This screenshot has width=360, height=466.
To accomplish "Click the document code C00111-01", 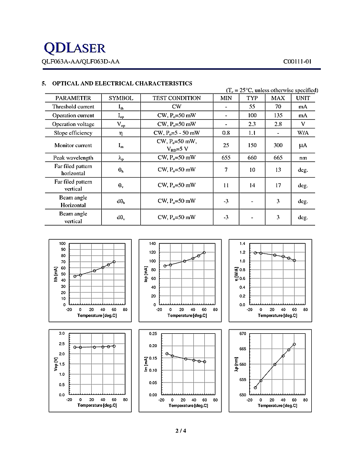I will click(x=297, y=62).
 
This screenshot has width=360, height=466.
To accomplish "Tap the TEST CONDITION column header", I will click(x=177, y=98).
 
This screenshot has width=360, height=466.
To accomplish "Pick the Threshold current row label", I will click(x=73, y=106).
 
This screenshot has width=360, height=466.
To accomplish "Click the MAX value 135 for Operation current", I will click(x=277, y=115).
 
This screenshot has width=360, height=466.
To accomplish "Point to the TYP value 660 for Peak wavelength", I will click(x=252, y=158).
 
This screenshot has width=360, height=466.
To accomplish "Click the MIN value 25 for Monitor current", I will click(x=226, y=145).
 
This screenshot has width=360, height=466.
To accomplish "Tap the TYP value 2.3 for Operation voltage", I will click(x=252, y=124).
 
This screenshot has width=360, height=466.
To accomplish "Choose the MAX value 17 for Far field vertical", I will click(x=277, y=185).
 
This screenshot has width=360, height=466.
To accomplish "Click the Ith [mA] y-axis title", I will click(x=56, y=274).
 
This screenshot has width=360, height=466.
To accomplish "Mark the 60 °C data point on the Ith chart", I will click(x=114, y=262).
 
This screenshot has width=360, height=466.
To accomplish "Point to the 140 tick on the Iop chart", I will click(x=152, y=244).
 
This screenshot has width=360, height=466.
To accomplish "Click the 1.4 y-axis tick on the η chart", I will click(x=242, y=244).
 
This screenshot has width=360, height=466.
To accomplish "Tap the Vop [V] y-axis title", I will click(x=56, y=364).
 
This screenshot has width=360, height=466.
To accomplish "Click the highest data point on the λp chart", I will click(x=294, y=344).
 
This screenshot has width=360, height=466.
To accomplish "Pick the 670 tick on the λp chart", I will click(x=242, y=333).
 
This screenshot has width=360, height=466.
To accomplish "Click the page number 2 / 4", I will click(x=180, y=432).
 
